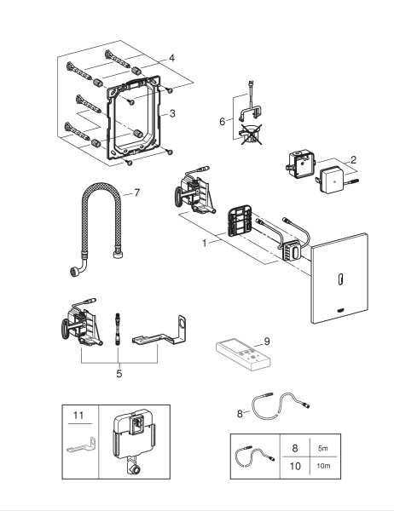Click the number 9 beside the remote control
268,341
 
